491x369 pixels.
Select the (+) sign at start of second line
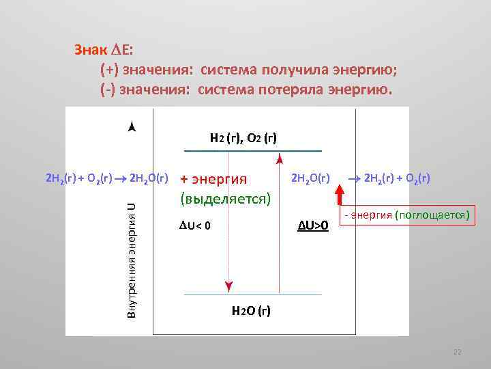click(109, 70)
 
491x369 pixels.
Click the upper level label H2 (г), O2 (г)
click(243, 137)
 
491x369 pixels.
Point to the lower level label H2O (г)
click(251, 311)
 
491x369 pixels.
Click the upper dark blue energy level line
click(253, 150)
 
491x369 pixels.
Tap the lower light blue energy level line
click(253, 295)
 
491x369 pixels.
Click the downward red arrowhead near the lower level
click(228, 286)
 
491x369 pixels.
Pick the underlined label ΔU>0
click(314, 225)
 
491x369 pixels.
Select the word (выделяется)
click(225, 199)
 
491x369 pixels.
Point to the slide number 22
click(458, 352)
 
